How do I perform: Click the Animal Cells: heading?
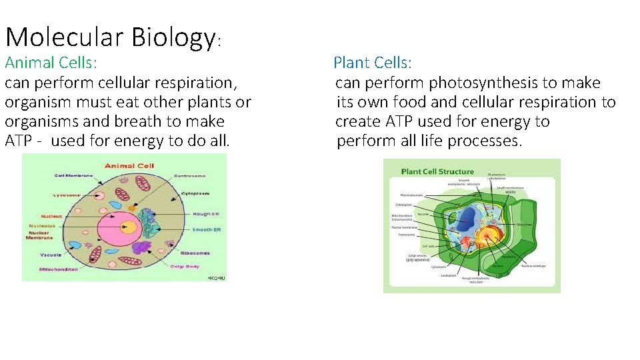pos(51,63)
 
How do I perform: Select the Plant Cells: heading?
pos(373,63)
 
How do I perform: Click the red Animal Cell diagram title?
pos(129,165)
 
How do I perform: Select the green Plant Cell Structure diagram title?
pos(437,171)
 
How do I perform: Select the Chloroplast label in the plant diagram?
pos(404,204)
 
